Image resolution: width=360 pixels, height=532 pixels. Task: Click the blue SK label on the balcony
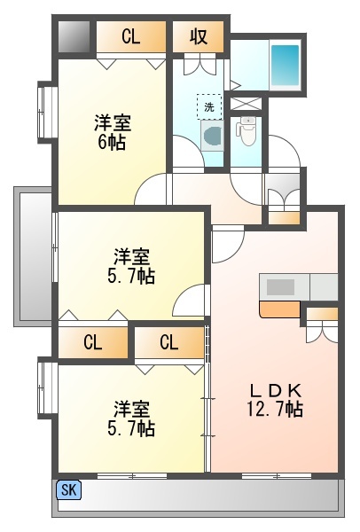pos(69,490)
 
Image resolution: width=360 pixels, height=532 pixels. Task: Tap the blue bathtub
pos(285,66)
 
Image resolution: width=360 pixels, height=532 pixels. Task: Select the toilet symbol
pos(247,131)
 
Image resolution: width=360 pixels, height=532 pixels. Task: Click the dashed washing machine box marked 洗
pos(209,107)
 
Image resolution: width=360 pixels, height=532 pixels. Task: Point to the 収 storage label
pos(199,36)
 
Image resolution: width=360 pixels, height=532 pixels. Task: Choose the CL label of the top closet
pos(131,36)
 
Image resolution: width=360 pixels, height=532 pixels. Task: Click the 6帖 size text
pos(112,142)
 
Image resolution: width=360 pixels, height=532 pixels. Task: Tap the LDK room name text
pos(276,391)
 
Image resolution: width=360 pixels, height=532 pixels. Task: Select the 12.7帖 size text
pos(275,409)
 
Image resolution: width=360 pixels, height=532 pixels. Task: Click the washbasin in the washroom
pos(213,136)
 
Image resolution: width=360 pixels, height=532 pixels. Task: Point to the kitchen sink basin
pos(280,287)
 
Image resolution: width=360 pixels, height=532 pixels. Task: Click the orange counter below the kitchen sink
pos(280,309)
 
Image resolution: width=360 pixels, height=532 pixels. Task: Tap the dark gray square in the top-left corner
pos(74,37)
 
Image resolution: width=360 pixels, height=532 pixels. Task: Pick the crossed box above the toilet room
pos(247,104)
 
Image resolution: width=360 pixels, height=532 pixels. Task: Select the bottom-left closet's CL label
pos(93,342)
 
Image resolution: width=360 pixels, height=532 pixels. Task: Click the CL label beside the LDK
pos(169,342)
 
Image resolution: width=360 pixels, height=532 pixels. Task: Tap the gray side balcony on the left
pos(33,256)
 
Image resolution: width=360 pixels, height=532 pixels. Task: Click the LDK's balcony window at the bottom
pos(277,475)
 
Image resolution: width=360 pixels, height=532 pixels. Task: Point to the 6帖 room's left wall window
pos(44,113)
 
